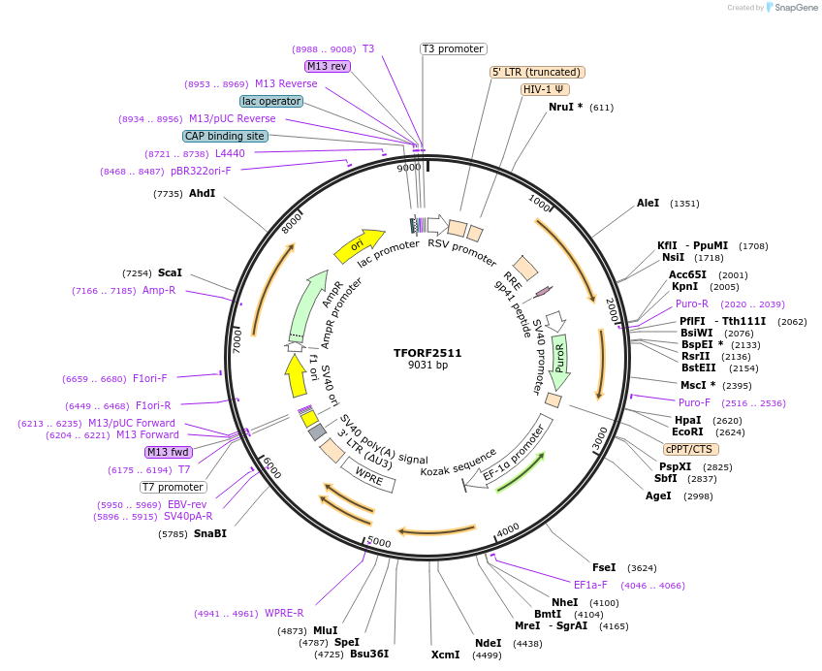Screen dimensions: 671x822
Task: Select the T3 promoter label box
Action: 453,48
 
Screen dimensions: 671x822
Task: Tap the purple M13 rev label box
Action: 327,66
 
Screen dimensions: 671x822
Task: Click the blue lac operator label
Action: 270,101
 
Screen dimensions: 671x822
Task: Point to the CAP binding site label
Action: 225,136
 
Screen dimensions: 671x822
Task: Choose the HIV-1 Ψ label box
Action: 546,89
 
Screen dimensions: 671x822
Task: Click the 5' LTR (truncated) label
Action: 537,72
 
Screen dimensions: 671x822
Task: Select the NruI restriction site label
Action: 565,107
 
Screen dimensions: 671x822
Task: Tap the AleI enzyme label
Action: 648,204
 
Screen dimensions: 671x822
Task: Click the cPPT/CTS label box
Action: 688,449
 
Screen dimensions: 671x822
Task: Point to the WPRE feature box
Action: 368,475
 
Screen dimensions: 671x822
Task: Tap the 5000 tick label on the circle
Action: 379,542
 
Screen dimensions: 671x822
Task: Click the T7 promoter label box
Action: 174,487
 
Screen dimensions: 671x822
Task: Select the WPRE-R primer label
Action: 284,613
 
